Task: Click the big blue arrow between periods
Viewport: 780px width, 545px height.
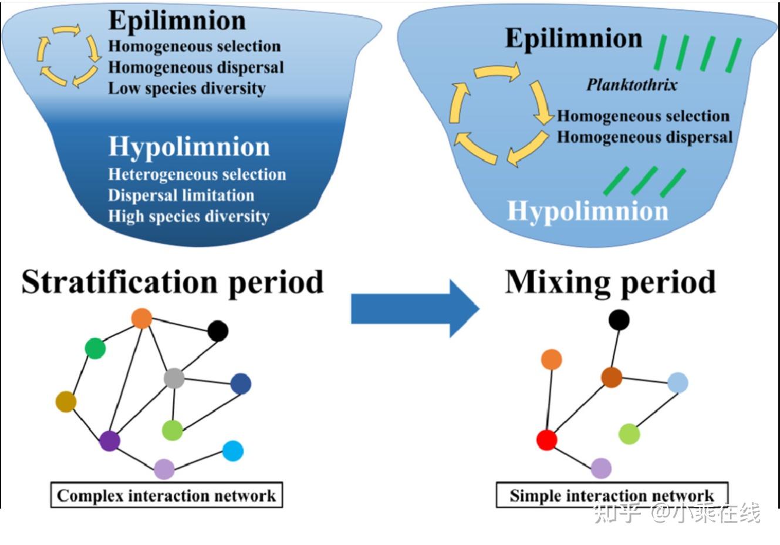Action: point(414,308)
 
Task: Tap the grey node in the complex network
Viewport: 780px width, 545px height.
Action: point(174,378)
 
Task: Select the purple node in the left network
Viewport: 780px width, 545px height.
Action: point(110,440)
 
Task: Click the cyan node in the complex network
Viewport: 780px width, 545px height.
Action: point(233,450)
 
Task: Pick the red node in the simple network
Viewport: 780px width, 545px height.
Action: point(546,439)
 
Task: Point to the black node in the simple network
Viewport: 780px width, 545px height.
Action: point(619,319)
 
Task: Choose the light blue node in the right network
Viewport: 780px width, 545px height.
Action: point(677,382)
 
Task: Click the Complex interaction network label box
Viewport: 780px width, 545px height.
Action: point(166,495)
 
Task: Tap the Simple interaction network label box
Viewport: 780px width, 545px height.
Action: point(612,495)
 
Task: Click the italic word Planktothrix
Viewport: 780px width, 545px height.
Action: point(632,85)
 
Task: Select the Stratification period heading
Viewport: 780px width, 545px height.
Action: point(173,282)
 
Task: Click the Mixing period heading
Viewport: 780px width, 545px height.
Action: point(610,282)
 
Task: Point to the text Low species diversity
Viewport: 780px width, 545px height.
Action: point(187,89)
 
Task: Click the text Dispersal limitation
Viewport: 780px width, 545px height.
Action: point(181,195)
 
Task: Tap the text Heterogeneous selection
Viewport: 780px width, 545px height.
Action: point(197,174)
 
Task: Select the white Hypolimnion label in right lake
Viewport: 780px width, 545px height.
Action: point(587,211)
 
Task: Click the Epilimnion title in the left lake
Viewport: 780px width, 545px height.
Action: point(177,21)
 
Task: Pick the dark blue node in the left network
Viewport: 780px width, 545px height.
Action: point(241,383)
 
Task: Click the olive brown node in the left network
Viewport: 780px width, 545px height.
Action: point(66,402)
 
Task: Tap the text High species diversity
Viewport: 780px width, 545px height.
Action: point(188,216)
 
